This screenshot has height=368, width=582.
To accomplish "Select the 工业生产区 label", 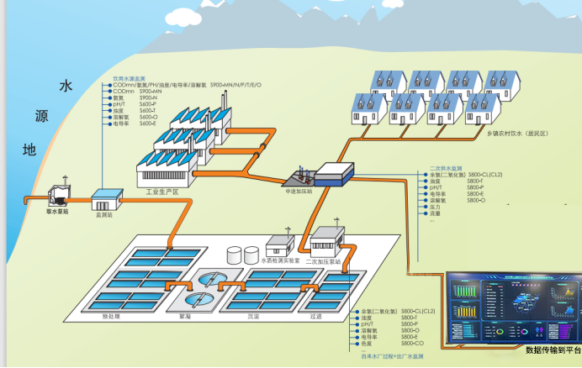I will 162,192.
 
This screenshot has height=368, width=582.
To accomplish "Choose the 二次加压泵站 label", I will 324,260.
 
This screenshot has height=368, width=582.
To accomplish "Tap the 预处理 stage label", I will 114,317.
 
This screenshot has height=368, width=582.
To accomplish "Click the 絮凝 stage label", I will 185,317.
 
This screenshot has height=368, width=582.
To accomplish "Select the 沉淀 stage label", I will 253,317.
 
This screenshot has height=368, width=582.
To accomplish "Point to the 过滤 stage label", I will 315,317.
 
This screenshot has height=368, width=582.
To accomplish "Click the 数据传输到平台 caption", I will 552,350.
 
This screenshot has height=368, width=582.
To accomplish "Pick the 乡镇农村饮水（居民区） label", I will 517,133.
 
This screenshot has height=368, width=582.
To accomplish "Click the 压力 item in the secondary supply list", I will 435,208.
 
